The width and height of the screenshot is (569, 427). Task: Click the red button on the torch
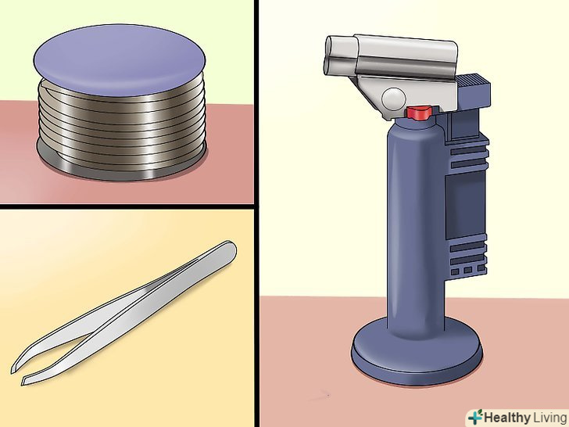[x=419, y=113]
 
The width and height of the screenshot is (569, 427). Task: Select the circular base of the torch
[x=417, y=351]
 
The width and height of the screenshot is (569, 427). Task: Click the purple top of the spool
[x=120, y=60]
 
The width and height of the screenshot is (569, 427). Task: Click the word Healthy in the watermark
[x=507, y=418]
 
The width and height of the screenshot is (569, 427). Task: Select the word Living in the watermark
[x=549, y=418]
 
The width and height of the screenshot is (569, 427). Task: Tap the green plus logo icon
[x=475, y=417]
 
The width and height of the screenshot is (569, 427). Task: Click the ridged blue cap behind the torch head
[x=472, y=88]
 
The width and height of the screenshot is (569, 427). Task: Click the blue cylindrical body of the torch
[x=417, y=225]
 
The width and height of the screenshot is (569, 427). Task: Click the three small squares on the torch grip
[x=468, y=270]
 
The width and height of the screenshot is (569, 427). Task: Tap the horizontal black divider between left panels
[x=127, y=206]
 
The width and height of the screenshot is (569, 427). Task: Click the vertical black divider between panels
[x=256, y=213]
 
